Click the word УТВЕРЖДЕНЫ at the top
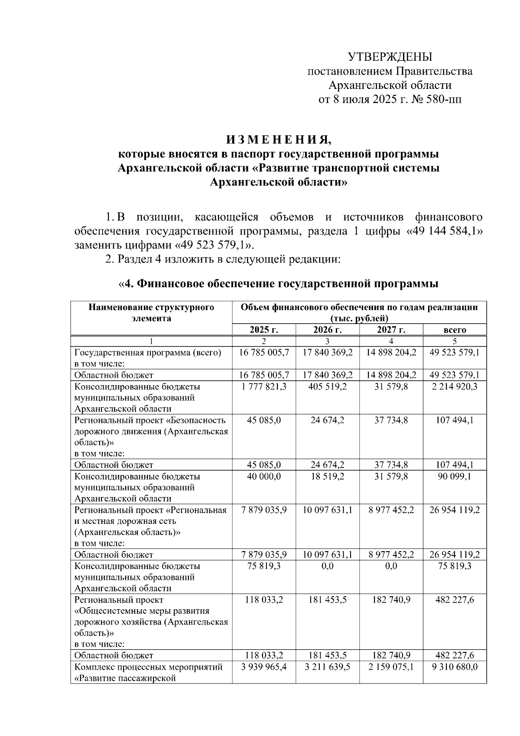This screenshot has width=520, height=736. [x=390, y=57]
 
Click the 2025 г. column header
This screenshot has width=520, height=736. [x=264, y=330]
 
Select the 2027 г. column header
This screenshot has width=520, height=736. [x=391, y=330]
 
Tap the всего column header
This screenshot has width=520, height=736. [x=455, y=330]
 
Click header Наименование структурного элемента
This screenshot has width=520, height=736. [x=151, y=313]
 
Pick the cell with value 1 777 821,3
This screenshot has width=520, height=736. [x=264, y=386]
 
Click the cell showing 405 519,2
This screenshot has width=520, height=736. [x=327, y=386]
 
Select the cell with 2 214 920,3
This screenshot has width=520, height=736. [x=455, y=386]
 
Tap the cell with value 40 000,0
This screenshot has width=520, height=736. [x=264, y=476]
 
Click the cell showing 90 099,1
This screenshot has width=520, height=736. [x=455, y=476]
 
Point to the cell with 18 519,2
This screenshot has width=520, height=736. [x=327, y=476]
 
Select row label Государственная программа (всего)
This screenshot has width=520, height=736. [x=148, y=353]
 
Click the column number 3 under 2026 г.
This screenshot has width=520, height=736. [x=327, y=341]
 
